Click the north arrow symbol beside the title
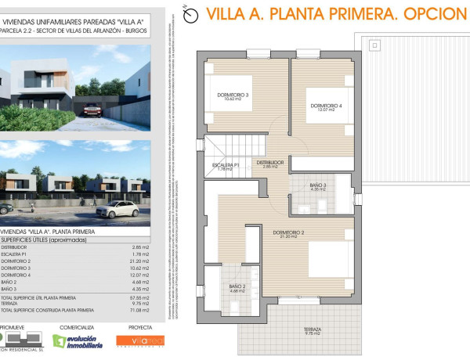click(x=187, y=13)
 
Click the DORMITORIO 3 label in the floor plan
click(x=233, y=96)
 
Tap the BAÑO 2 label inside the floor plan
click(x=238, y=288)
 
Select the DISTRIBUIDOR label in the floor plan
click(x=270, y=164)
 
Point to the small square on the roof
click(x=375, y=46)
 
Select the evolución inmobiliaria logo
click(x=79, y=341)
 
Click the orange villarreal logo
click(x=140, y=340)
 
